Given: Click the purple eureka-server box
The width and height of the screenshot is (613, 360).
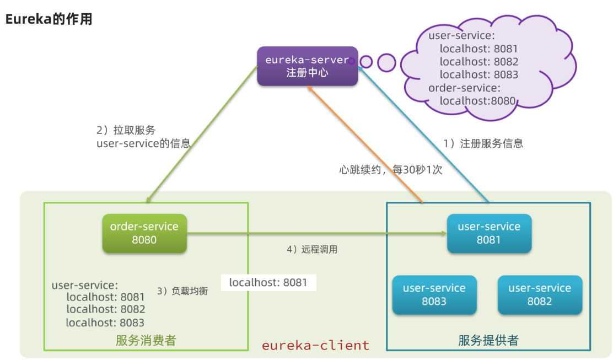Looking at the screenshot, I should click(307, 66).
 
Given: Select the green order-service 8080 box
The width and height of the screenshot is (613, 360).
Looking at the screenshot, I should click(144, 233).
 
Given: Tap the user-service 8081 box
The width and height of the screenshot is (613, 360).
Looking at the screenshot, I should click(489, 233).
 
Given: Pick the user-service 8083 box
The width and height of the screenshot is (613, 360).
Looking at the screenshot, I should click(434, 295).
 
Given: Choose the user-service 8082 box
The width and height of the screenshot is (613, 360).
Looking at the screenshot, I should click(540, 295).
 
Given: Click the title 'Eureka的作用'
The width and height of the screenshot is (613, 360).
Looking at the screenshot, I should click(49, 20).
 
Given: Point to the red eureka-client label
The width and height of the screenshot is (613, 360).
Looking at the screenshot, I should click(315, 346).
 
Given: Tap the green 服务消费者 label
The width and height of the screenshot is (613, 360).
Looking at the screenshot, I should click(146, 340).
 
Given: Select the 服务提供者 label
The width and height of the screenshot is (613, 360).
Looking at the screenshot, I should click(488, 340).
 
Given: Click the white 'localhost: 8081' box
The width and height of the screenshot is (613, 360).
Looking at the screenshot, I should click(268, 283).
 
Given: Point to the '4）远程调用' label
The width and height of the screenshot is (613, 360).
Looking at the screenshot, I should click(311, 249).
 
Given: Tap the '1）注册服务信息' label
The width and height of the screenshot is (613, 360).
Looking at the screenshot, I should click(483, 143).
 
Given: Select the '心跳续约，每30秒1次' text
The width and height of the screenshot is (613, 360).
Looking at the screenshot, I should click(390, 170).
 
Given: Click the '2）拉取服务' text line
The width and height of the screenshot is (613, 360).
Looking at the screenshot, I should click(126, 131).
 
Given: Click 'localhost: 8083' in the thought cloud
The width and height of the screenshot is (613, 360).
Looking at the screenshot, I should click(478, 74).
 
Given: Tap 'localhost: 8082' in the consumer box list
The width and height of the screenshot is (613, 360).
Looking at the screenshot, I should click(105, 309).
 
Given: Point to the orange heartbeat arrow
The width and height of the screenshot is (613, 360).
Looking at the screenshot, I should click(367, 146).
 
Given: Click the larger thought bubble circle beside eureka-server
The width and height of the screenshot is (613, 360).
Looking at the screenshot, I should click(386, 62).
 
